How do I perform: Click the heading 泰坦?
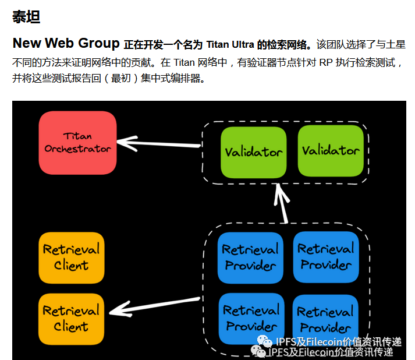(x=26, y=17)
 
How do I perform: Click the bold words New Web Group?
(x=66, y=44)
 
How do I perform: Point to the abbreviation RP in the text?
(x=327, y=62)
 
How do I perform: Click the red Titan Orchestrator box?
(x=77, y=142)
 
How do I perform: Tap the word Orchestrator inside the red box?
(x=77, y=149)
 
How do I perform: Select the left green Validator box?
(x=254, y=151)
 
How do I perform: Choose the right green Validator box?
(x=331, y=150)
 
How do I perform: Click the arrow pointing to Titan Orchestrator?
(x=157, y=142)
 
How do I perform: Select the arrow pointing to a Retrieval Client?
(x=154, y=308)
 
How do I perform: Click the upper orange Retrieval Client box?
(x=71, y=257)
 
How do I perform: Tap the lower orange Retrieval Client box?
(x=71, y=318)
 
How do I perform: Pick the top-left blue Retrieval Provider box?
(x=250, y=257)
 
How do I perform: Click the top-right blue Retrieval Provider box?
(x=326, y=256)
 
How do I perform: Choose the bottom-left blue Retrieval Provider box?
(x=251, y=318)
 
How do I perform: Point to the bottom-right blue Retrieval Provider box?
(x=325, y=319)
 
